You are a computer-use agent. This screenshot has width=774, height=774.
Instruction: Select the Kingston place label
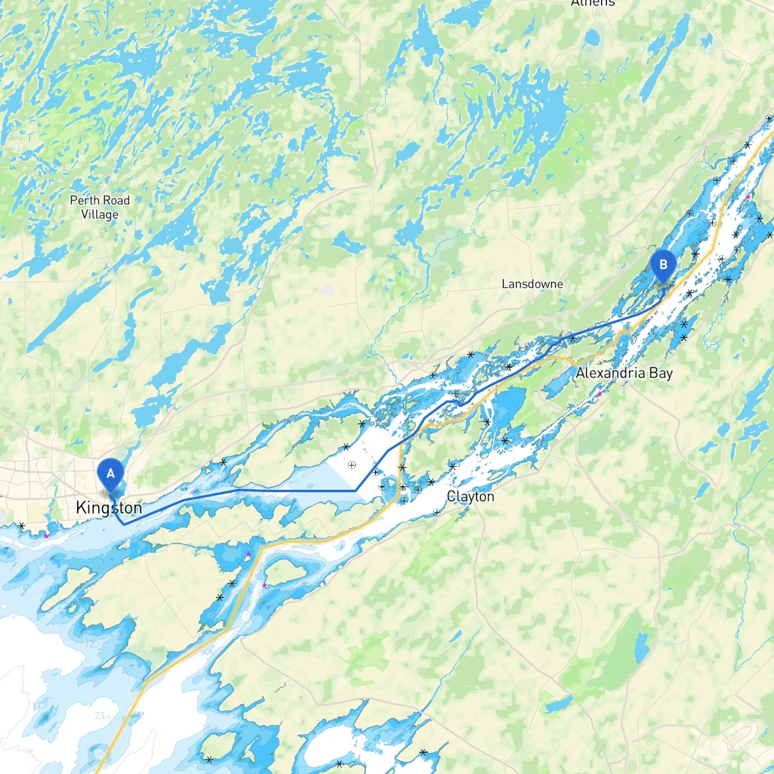tap(109, 508)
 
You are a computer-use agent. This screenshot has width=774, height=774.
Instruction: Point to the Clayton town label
tap(470, 496)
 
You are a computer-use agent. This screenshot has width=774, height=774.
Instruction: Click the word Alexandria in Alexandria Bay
tap(610, 373)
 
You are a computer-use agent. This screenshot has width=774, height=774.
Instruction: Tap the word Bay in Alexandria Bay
tap(661, 373)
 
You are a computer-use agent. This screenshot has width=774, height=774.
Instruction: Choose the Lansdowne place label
tap(532, 284)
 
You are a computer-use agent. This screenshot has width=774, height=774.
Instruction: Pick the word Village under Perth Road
tap(100, 215)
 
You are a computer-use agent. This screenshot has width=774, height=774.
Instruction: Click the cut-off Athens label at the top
tap(593, 3)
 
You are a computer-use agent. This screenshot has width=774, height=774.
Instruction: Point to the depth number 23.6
tap(103, 716)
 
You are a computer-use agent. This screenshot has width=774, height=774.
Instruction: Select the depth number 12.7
tap(93, 644)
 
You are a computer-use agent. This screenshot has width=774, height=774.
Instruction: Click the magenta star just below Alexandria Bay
tap(600, 394)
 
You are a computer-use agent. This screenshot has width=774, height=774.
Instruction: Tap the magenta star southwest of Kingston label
tap(46, 536)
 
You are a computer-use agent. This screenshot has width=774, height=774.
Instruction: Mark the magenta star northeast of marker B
tap(749, 197)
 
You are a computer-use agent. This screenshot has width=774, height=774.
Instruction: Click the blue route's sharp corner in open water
tap(356, 491)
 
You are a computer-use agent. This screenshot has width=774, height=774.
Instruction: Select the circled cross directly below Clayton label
tap(437, 512)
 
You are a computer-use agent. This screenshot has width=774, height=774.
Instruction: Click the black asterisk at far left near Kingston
tap(22, 526)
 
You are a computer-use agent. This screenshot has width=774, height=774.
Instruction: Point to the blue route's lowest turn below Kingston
tap(124, 524)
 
